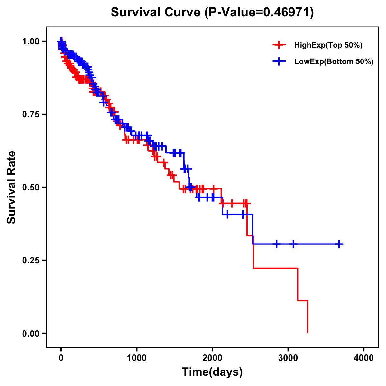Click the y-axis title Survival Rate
[12, 187]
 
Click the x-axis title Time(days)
[212, 372]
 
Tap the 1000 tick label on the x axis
[137, 358]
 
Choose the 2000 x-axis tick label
[212, 358]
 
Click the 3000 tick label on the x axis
[288, 358]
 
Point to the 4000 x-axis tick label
[364, 358]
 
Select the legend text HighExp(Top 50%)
[328, 45]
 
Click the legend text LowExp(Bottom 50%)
[334, 62]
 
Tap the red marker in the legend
[279, 45]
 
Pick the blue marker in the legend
[279, 62]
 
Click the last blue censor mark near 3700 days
[339, 244]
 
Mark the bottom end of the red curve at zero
[308, 333]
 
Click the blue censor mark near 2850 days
[276, 244]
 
